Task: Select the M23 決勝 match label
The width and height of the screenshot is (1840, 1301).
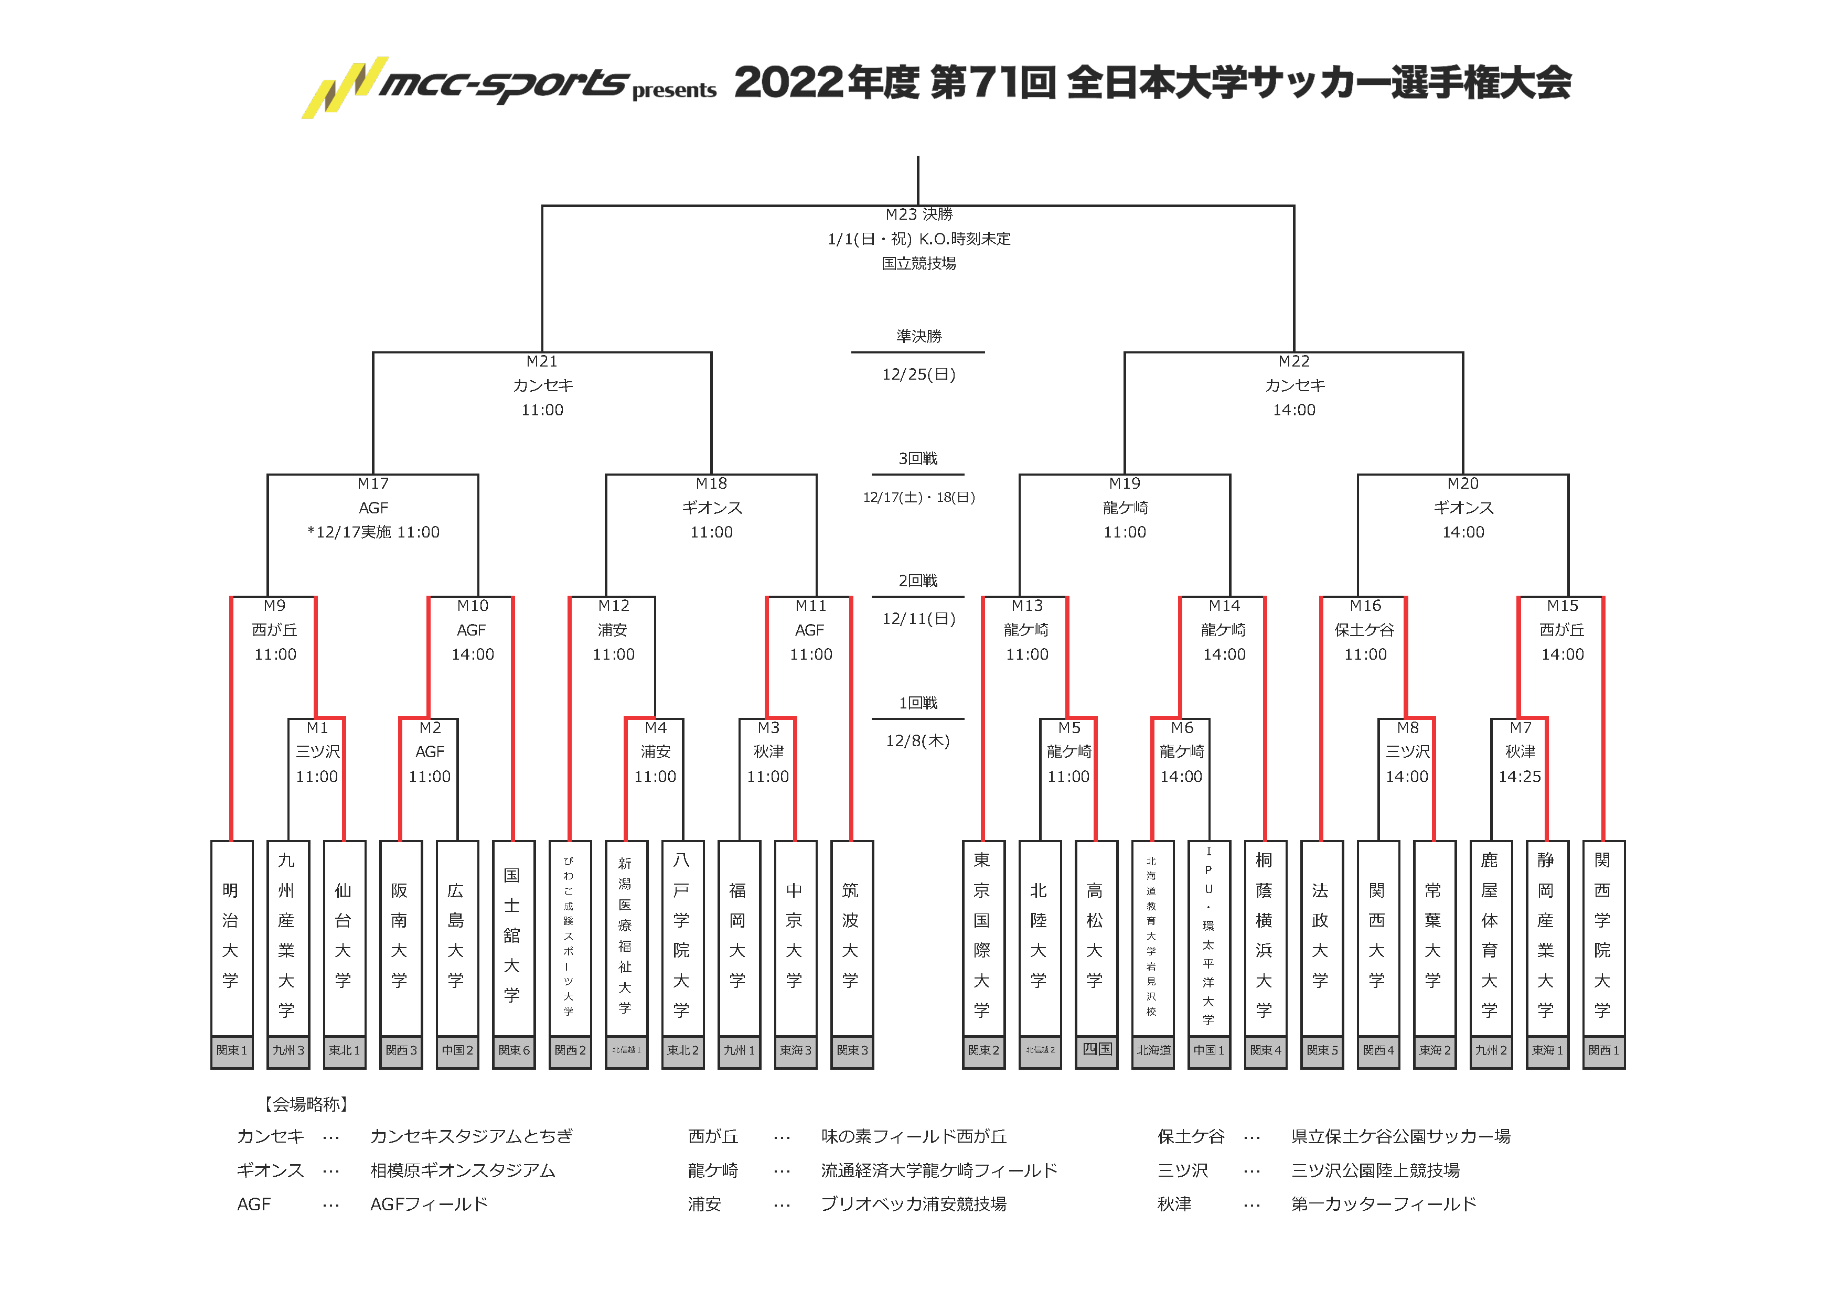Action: coord(918,214)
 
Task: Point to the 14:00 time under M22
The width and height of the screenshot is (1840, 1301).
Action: coord(1293,410)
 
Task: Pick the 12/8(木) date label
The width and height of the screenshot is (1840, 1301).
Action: coord(917,741)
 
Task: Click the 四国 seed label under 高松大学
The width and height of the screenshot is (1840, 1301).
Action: coord(1096,1049)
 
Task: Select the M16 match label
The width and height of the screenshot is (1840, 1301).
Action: coord(1365,606)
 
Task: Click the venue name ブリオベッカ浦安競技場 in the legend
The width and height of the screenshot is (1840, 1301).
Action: coord(914,1204)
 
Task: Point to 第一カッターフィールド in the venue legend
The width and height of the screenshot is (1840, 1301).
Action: coord(1383,1204)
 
